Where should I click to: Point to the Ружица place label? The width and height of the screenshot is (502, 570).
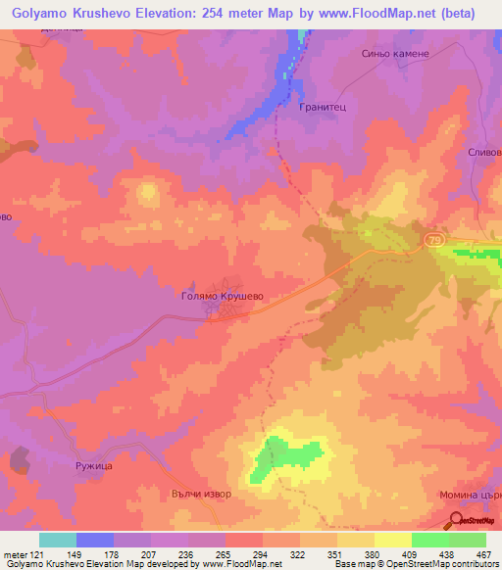95,466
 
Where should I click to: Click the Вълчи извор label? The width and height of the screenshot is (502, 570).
201,494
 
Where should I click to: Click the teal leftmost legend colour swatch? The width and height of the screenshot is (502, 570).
58,541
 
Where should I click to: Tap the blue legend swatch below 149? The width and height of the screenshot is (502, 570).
95,541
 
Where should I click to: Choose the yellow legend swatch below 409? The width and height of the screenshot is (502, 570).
392,541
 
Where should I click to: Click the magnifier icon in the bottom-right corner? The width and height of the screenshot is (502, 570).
458,521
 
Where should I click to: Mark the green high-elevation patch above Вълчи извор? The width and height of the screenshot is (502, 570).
287,457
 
